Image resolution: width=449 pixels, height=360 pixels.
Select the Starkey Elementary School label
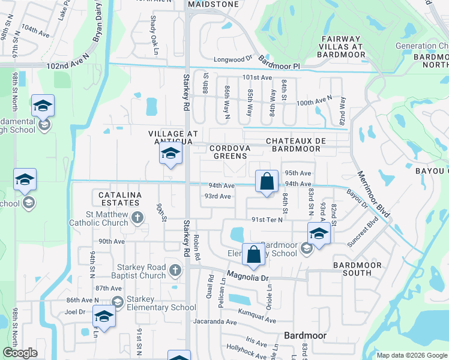[x=161, y=303]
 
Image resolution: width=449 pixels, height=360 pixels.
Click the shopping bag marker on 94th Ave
[x=267, y=181]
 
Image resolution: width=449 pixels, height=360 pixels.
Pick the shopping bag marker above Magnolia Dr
[x=253, y=254]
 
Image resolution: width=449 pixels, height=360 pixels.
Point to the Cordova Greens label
[x=228, y=152]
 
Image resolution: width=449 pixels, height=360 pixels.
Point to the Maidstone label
[x=213, y=4]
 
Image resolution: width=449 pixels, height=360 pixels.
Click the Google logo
[x=20, y=353]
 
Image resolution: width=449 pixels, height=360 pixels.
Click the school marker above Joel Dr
[x=104, y=317]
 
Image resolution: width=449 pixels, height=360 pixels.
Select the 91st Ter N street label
[x=267, y=219]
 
